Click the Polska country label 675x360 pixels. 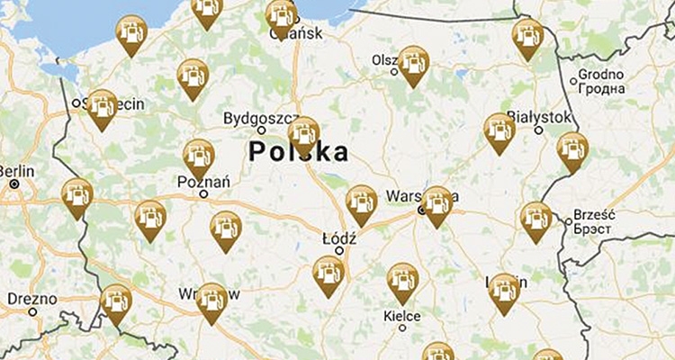299,152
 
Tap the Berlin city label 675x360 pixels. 16,169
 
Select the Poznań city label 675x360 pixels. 205,181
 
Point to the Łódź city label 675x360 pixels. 339,238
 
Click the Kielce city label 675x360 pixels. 401,316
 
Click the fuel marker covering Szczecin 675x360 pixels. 102,105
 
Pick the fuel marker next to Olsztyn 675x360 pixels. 413,63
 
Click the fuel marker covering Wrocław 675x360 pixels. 211,299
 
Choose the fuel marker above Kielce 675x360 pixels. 402,280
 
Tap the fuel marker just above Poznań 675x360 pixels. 199,156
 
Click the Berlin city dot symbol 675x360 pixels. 14,184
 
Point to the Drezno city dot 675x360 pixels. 32,312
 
